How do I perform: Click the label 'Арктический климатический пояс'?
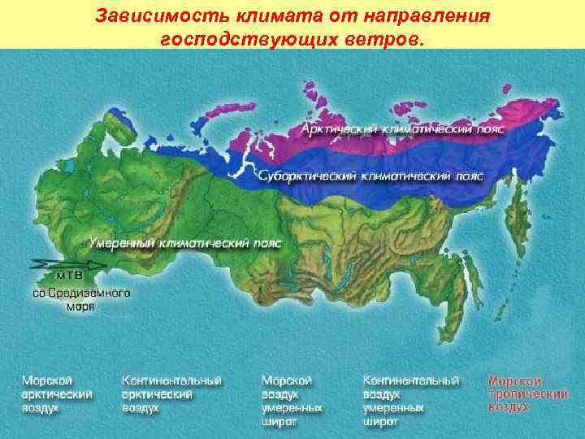(x=403, y=129)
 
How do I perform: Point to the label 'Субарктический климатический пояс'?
(x=371, y=176)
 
